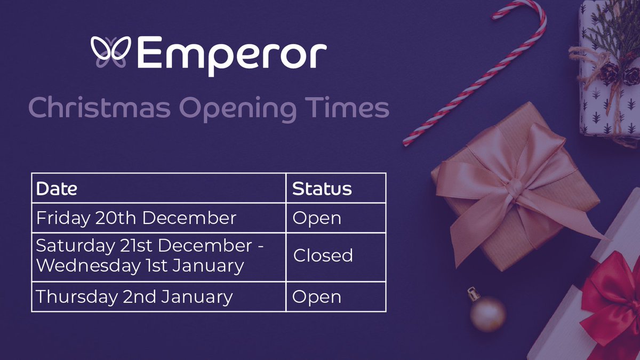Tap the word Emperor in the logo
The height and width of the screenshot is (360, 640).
pos(233,53)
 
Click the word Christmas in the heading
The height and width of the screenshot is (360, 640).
pos(100,108)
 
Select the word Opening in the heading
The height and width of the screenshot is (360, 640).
pos(237,109)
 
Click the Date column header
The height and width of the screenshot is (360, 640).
pos(56,189)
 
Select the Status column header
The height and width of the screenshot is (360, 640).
pos(322,189)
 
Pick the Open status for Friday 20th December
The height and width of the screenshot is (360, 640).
pos(317,219)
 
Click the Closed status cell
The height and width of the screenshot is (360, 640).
pos(323,255)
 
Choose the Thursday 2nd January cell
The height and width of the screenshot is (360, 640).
pos(134,297)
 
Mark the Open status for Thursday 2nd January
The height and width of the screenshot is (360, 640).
pos(317,297)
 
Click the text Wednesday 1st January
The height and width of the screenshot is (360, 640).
pos(139,265)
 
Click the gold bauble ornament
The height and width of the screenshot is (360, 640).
pos(488,314)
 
